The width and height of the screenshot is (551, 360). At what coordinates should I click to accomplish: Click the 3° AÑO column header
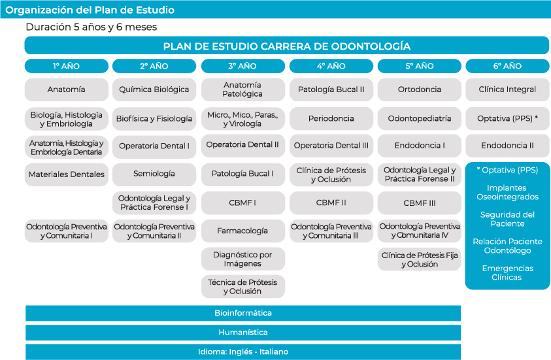pyautogui.click(x=243, y=66)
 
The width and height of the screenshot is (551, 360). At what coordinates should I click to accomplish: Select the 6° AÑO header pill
pyautogui.click(x=507, y=66)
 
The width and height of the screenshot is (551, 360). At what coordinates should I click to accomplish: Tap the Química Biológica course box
pyautogui.click(x=154, y=90)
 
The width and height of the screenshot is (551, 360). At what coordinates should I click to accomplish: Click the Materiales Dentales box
pyautogui.click(x=67, y=174)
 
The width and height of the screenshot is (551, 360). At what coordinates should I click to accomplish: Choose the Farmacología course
pyautogui.click(x=243, y=231)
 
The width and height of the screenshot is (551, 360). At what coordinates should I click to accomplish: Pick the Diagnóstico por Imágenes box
pyautogui.click(x=243, y=259)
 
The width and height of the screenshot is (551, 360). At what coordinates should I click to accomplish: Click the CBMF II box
pyautogui.click(x=331, y=203)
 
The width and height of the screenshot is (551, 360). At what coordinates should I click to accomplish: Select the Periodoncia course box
pyautogui.click(x=331, y=118)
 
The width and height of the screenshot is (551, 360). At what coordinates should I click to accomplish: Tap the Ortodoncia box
pyautogui.click(x=419, y=90)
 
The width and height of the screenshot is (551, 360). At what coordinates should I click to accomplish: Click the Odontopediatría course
pyautogui.click(x=419, y=118)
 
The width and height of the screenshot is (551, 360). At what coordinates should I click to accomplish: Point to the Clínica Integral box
pyautogui.click(x=507, y=90)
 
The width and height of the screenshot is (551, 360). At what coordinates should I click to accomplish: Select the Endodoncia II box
pyautogui.click(x=507, y=146)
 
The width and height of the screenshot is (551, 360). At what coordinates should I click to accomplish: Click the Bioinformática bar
pyautogui.click(x=243, y=313)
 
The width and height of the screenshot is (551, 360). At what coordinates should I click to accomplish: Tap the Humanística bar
pyautogui.click(x=243, y=333)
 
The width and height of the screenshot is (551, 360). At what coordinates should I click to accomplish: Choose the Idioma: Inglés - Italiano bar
pyautogui.click(x=243, y=352)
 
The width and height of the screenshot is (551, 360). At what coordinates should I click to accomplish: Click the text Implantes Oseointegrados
pyautogui.click(x=507, y=192)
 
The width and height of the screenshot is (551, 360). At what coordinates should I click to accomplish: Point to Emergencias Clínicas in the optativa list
pyautogui.click(x=507, y=272)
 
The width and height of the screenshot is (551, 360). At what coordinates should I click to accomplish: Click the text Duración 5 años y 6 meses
pyautogui.click(x=92, y=27)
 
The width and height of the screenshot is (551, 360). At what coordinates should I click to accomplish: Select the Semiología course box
pyautogui.click(x=154, y=174)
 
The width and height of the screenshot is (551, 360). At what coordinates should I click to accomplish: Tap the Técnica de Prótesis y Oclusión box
pyautogui.click(x=243, y=287)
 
